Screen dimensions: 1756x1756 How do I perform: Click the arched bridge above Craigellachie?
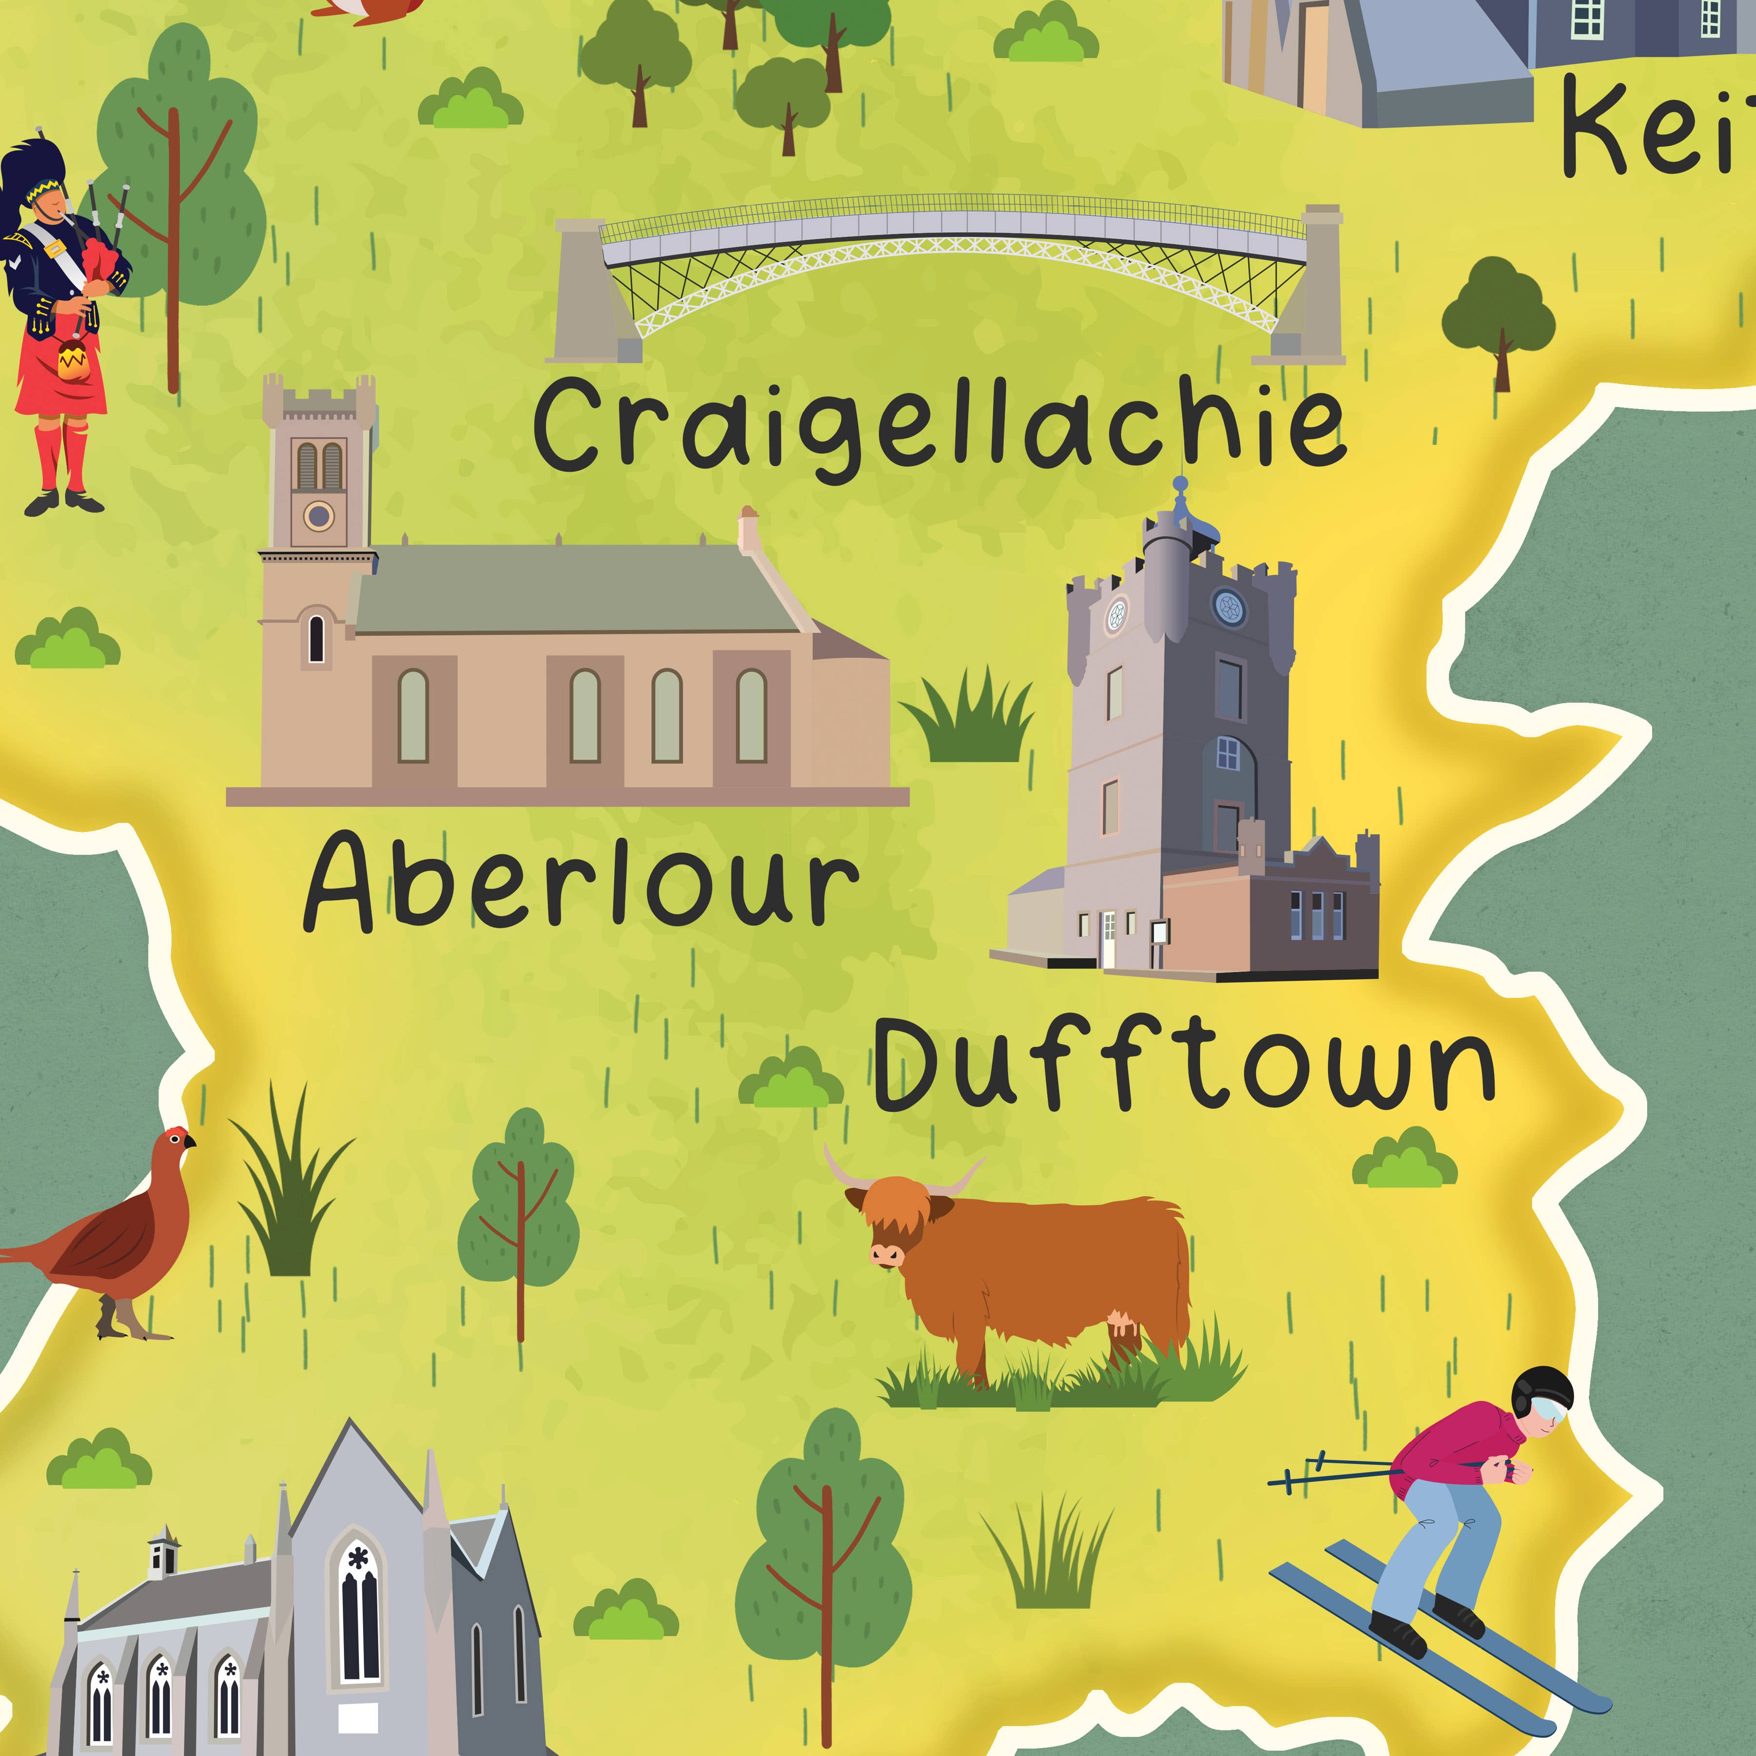(x=950, y=245)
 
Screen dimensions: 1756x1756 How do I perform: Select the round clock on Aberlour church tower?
(x=318, y=516)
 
